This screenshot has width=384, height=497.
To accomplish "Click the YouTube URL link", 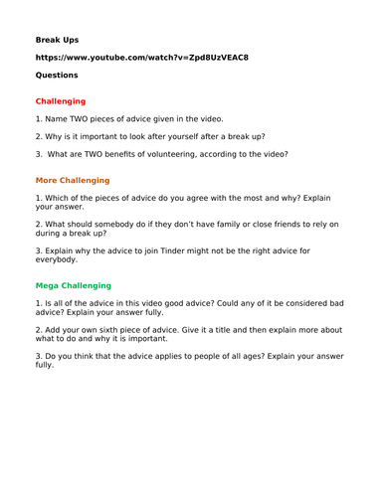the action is click(x=141, y=57).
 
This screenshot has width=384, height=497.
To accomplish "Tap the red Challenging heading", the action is click(x=61, y=101).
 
